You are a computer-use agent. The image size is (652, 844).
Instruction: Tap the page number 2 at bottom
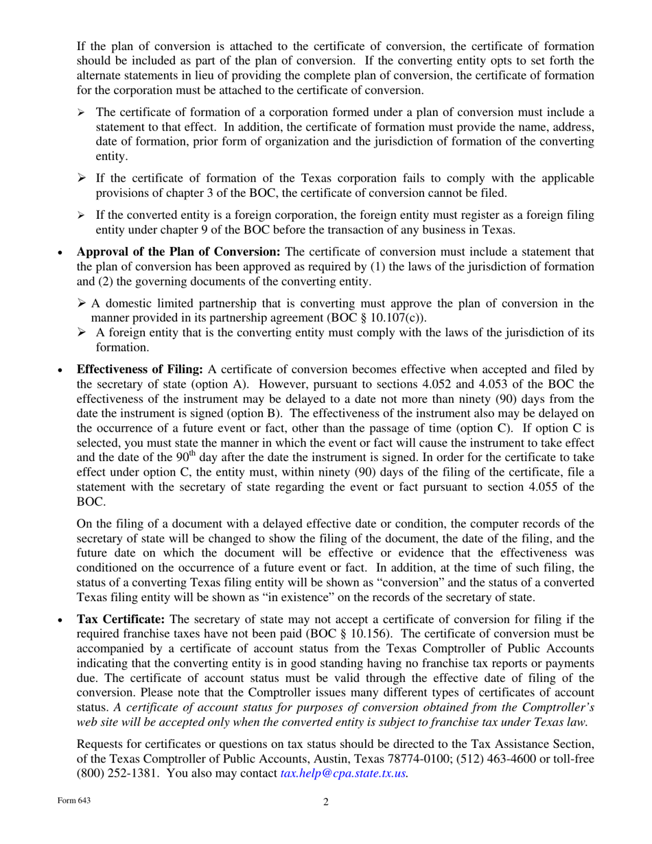tap(326, 803)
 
